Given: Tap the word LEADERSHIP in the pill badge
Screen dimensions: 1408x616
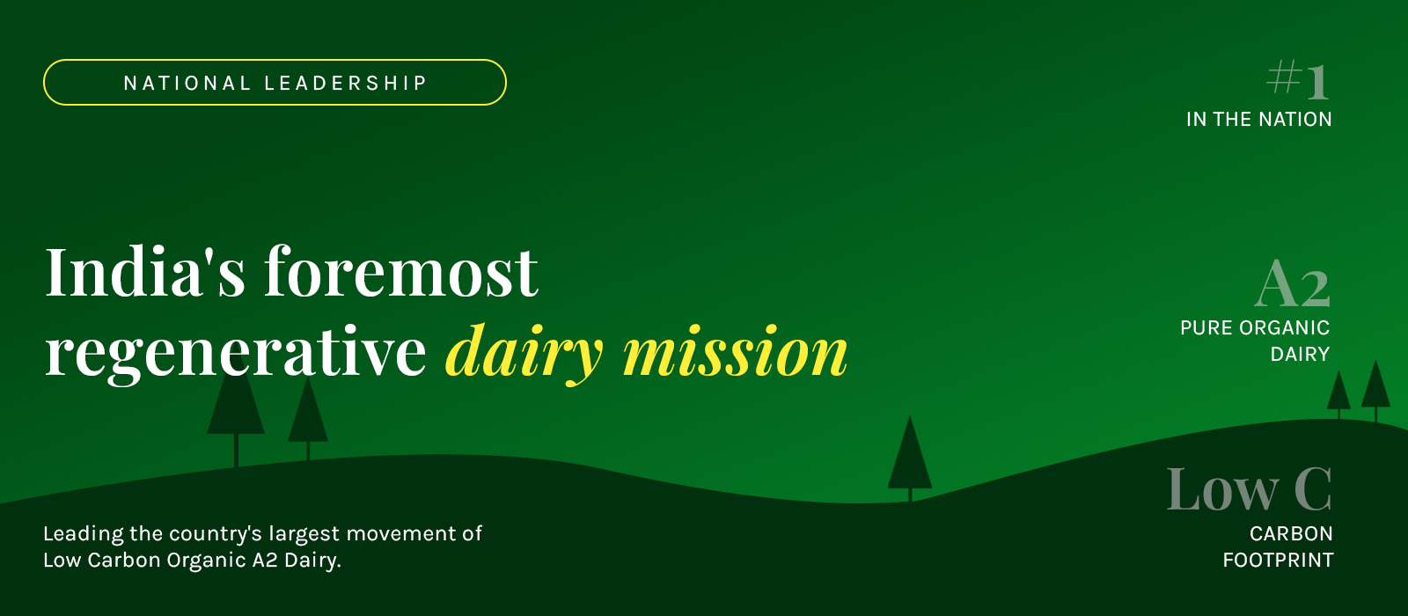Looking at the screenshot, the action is [346, 83].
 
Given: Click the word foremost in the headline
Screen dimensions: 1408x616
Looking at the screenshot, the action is [401, 271].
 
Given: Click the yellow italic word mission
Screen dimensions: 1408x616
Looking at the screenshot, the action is [736, 351].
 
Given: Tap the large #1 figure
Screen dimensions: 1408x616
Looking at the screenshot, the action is [1297, 80].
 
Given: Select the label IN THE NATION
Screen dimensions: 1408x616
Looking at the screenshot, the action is [1259, 120].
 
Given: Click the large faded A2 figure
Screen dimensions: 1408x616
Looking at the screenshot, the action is [1293, 284].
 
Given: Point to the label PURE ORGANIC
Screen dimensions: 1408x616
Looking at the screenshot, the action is [1255, 327].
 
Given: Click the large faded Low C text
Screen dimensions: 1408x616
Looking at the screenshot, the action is [1249, 489].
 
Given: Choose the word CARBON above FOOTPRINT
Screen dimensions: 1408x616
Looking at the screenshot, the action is [1291, 533].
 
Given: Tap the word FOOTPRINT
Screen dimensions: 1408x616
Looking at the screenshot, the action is [1278, 560].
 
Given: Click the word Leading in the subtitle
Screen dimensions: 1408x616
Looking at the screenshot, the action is [83, 534].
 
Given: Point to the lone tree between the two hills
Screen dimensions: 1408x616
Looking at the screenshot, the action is [910, 458].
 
